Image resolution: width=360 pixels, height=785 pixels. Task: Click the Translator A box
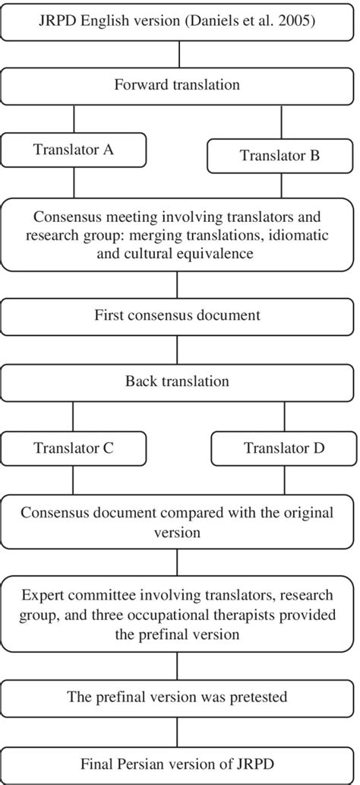click(x=73, y=150)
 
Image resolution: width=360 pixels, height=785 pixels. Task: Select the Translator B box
click(x=280, y=156)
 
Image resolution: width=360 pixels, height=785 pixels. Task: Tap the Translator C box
click(x=73, y=448)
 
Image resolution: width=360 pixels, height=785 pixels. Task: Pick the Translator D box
click(x=284, y=448)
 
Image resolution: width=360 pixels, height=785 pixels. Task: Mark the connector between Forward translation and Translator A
click(x=74, y=117)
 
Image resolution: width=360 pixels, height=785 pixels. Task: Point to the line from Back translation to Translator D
click(x=284, y=415)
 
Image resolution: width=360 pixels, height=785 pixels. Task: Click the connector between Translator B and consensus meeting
click(x=281, y=185)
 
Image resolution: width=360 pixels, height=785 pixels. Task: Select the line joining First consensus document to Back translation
click(x=177, y=350)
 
